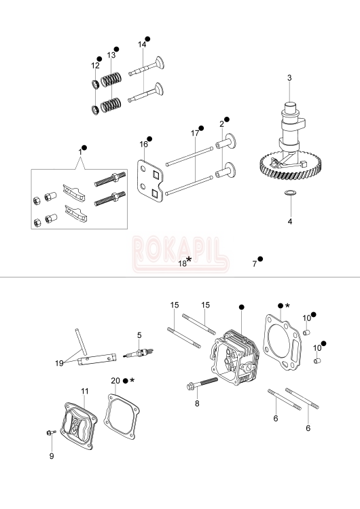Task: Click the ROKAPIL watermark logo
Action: coord(179,248)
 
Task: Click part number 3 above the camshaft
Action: coord(289,78)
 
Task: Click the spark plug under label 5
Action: coord(141,355)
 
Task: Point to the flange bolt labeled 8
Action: coord(200,386)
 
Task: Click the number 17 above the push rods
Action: coord(195,134)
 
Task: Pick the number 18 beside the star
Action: coord(182,263)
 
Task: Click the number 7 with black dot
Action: coord(255,263)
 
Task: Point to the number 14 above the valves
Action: coord(142,45)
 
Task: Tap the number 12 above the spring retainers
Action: coord(95,66)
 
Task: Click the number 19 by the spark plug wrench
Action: coord(60,364)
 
